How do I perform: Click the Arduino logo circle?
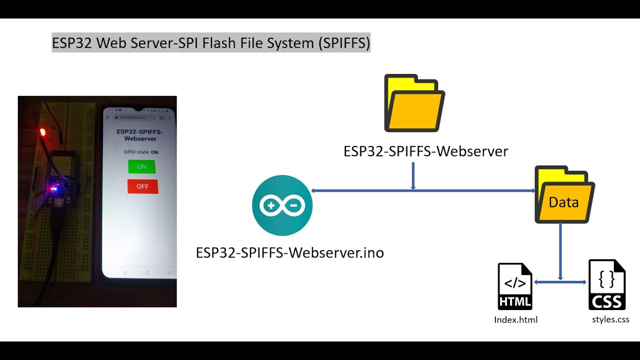(282, 205)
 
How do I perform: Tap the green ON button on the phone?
(141, 166)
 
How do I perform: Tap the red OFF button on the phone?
(142, 186)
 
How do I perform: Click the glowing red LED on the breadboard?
(42, 132)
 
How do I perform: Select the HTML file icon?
(515, 286)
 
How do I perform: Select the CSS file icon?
(607, 285)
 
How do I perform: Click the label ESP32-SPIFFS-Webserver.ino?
(290, 252)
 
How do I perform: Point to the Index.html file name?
(515, 319)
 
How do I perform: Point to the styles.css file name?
(610, 319)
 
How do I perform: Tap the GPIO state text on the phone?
(141, 152)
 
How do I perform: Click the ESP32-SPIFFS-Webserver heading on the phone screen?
(140, 135)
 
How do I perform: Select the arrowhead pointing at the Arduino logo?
(313, 190)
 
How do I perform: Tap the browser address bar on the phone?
(135, 117)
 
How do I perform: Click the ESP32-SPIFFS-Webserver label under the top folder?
(425, 151)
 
